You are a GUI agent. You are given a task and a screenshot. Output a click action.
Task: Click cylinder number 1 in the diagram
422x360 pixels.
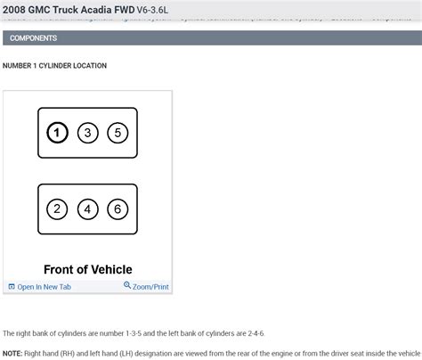coord(56,134)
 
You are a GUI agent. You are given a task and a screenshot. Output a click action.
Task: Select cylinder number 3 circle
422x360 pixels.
coord(87,134)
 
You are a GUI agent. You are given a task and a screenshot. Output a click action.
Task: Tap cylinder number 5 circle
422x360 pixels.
coord(118,134)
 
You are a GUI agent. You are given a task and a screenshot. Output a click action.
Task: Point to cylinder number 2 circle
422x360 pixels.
coord(56,209)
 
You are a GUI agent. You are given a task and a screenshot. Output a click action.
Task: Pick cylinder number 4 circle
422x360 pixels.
coord(87,209)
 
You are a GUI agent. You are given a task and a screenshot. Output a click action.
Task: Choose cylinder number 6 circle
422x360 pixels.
coord(118,209)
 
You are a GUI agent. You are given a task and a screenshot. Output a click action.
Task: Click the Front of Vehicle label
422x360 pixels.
coord(87,269)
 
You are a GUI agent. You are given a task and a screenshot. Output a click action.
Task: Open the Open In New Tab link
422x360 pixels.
coord(44,287)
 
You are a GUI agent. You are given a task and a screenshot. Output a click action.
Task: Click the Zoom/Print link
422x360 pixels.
coord(150,287)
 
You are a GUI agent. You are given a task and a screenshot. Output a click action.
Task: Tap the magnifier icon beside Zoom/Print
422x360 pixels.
coord(127,286)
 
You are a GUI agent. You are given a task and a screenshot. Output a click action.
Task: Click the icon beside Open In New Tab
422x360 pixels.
coord(12,287)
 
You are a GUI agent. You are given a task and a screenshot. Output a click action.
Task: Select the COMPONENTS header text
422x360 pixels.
coord(33,38)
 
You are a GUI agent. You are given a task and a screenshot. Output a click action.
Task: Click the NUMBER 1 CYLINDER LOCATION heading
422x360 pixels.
coord(54,66)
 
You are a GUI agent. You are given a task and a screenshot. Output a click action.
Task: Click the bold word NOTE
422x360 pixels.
coord(12,352)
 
